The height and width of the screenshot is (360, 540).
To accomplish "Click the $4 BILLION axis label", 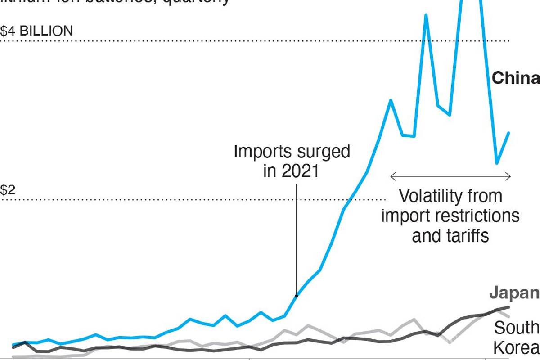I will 36,31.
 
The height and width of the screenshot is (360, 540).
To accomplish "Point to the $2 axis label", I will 8,190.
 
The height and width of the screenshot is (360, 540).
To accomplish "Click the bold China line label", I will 515,78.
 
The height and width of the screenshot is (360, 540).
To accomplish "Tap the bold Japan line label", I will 514,292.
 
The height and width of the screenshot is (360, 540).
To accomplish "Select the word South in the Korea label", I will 516,328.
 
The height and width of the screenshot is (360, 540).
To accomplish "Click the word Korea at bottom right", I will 516,348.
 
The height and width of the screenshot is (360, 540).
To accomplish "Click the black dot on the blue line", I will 296,296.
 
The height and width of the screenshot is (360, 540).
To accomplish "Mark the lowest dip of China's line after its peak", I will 497,163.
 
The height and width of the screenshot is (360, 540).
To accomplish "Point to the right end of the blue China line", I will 509,133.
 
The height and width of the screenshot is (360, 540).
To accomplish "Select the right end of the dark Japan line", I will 509,307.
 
